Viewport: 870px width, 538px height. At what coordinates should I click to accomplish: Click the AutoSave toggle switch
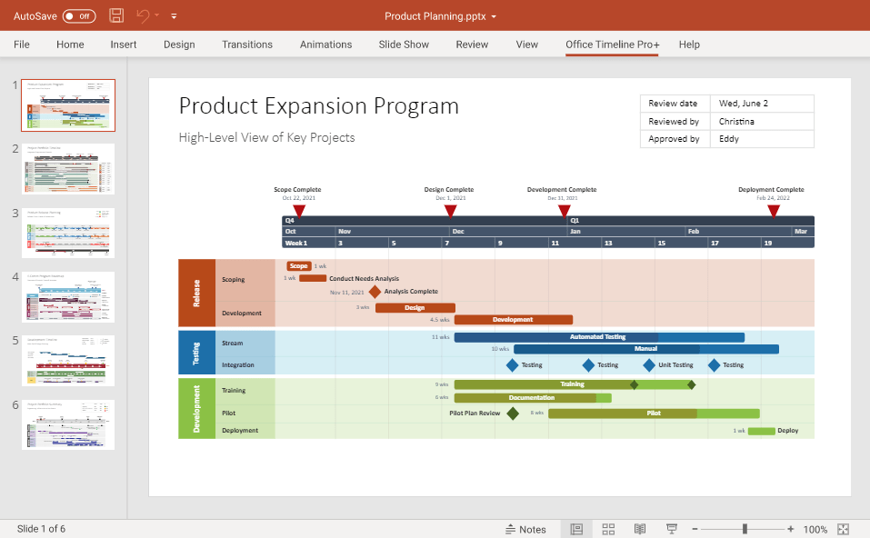[x=79, y=16]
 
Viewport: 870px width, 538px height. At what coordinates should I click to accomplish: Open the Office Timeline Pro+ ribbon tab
[x=612, y=45]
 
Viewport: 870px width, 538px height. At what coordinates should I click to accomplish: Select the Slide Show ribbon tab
[x=404, y=45]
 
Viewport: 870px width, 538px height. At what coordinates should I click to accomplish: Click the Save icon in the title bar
[x=116, y=15]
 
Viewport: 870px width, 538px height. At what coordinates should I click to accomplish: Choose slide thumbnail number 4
[x=68, y=296]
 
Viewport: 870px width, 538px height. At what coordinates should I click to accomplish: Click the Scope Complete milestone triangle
[x=299, y=211]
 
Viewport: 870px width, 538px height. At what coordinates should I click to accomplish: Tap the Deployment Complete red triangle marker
[x=774, y=211]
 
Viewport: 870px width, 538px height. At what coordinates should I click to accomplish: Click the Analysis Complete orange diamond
[x=375, y=292]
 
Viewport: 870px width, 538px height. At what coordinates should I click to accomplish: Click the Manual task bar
[x=645, y=349]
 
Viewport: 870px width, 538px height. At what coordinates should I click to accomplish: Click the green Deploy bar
[x=761, y=431]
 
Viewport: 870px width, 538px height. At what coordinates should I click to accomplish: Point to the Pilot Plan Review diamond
[x=513, y=413]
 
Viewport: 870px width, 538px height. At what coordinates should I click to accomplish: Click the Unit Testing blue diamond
[x=649, y=365]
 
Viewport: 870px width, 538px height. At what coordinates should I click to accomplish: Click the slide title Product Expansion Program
[x=318, y=106]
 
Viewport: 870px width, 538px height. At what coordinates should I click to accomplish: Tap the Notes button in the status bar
[x=525, y=529]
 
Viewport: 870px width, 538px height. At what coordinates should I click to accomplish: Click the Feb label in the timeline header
[x=693, y=232]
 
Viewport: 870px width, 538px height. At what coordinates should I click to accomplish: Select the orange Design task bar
[x=415, y=308]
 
